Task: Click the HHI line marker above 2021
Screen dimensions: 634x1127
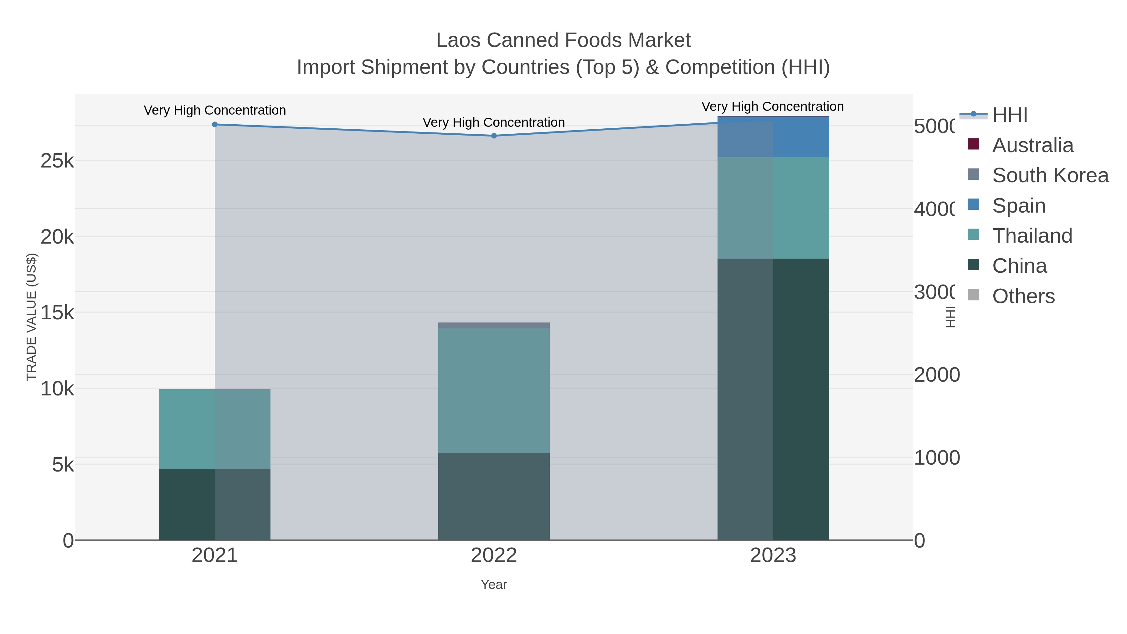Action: [214, 125]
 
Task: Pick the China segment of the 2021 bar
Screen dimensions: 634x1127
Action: [214, 504]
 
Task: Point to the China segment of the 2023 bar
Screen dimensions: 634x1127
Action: [773, 399]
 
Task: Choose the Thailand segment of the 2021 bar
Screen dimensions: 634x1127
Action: [214, 429]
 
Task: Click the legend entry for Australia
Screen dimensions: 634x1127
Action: [1032, 145]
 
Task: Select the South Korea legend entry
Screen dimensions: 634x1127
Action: [1050, 175]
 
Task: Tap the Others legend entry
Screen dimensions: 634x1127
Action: [1023, 296]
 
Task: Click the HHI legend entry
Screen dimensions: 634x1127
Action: [1009, 115]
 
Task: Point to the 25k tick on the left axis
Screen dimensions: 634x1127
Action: [57, 161]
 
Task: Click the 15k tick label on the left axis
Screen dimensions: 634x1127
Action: [57, 312]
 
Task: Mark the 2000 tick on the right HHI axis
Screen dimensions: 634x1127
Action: [936, 375]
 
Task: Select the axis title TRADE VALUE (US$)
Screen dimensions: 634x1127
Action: [32, 317]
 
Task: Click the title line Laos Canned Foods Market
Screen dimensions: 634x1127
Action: [563, 40]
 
